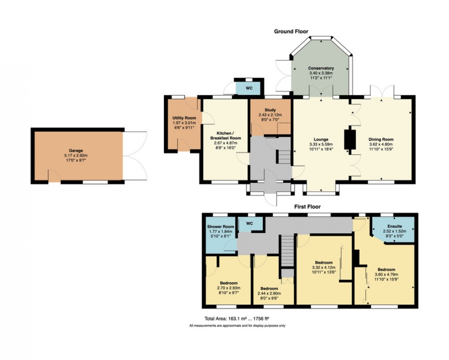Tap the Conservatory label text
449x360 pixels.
tap(321, 68)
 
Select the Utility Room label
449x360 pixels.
tap(181, 118)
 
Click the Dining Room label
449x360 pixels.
tap(381, 139)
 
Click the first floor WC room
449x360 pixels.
tap(250, 224)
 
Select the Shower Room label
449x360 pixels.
tap(220, 227)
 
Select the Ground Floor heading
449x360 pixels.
tap(291, 32)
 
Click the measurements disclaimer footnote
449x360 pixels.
tap(237, 326)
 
